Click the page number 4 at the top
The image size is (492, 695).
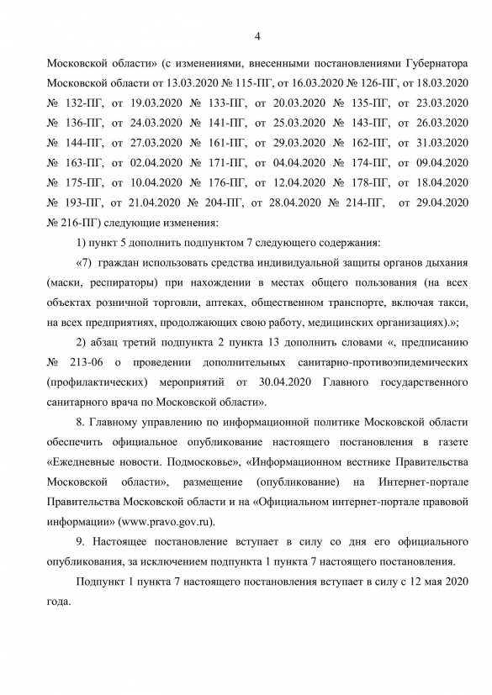[257, 36]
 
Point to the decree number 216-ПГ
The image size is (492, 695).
[74, 223]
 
